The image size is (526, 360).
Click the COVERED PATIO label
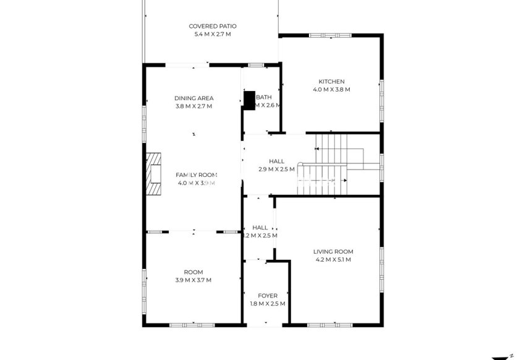(x=213, y=26)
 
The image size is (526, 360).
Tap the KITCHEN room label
(x=331, y=82)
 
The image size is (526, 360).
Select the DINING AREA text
(x=193, y=98)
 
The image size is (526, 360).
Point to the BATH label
(x=264, y=97)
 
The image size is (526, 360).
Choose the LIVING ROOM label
(x=333, y=252)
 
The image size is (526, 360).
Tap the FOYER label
(x=268, y=296)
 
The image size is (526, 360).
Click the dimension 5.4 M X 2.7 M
(x=213, y=34)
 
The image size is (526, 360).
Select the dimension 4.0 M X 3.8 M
(x=331, y=90)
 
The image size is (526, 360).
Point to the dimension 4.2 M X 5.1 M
(x=333, y=260)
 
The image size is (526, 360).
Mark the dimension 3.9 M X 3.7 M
(x=193, y=280)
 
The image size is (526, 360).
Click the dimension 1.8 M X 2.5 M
(x=268, y=304)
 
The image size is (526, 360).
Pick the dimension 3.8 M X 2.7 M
(x=193, y=106)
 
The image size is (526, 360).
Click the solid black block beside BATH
(x=249, y=100)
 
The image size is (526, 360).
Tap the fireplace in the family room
(x=153, y=175)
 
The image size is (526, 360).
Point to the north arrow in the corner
(x=502, y=358)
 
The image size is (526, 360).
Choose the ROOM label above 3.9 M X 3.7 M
(x=193, y=272)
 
